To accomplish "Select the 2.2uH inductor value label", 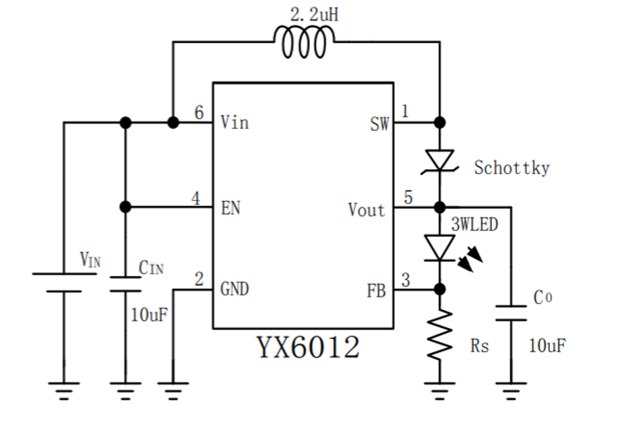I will tap(314, 14).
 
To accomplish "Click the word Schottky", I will tap(511, 168).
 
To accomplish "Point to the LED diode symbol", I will tap(440, 247).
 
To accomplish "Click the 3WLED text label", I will tap(474, 225).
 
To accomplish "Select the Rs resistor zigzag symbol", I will tap(440, 335).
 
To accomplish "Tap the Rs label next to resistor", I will tap(479, 347).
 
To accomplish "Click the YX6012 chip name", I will tap(307, 348).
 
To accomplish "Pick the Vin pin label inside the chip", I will tap(235, 123).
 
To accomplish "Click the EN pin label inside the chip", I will tap(230, 208).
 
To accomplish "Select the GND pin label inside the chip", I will tap(235, 290).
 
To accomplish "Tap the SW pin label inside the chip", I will tap(379, 124).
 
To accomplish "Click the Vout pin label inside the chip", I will tap(367, 210).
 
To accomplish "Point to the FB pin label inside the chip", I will tap(376, 291).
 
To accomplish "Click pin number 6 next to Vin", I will tap(199, 113).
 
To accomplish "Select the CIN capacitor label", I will tap(151, 267).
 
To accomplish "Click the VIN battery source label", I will tap(90, 260).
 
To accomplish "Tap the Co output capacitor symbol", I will tap(511, 313).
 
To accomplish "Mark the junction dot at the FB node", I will tap(440, 289).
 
